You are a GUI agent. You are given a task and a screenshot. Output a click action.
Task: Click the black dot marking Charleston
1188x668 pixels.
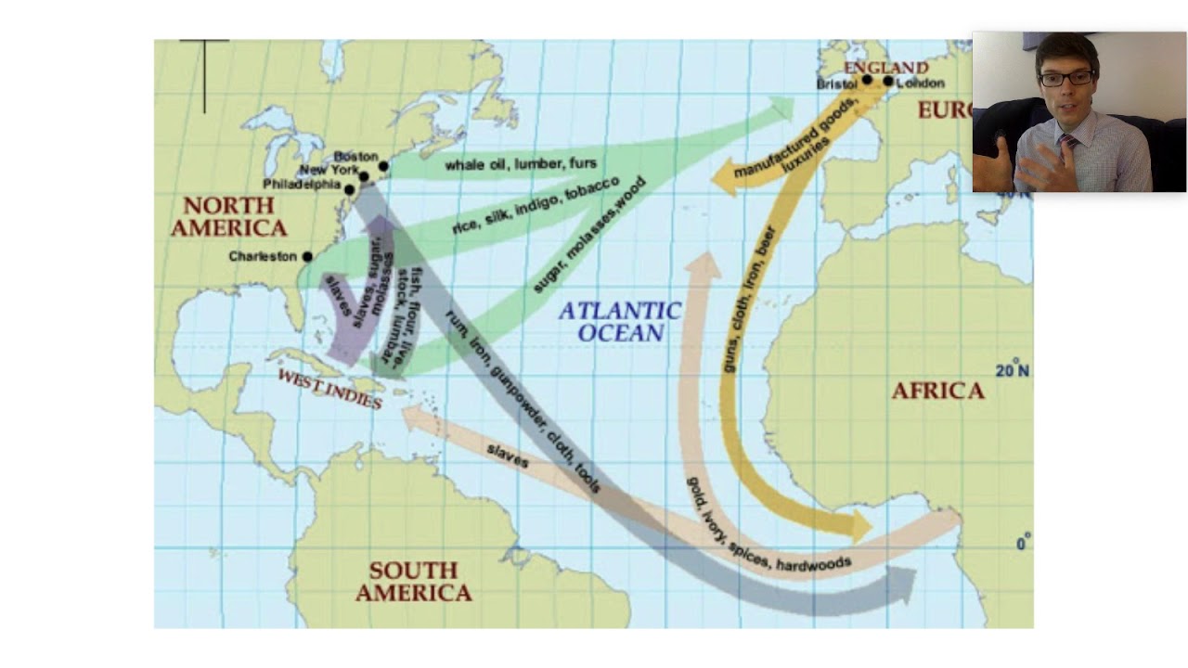[x=307, y=257]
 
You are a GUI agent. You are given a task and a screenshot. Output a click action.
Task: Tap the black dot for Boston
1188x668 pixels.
[x=383, y=167]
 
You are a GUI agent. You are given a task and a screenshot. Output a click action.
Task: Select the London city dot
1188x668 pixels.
[x=888, y=82]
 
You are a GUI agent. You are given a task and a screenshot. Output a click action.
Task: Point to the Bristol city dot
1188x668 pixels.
[x=867, y=81]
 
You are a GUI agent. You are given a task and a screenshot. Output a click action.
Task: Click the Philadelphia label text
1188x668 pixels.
[x=302, y=185]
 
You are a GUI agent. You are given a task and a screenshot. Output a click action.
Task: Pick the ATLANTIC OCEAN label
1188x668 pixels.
[x=620, y=322]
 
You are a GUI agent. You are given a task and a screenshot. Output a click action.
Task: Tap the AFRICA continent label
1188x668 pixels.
[x=937, y=391]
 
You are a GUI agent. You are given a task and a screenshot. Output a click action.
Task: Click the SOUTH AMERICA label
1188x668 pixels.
[x=413, y=582]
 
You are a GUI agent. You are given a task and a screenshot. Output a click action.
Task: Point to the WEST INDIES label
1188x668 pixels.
[x=329, y=389]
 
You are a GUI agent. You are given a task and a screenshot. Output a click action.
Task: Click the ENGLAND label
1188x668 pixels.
[x=885, y=67]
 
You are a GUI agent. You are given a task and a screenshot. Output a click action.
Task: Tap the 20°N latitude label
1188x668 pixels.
[x=1012, y=371]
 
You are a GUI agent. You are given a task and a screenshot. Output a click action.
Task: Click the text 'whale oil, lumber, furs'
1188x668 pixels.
[x=520, y=164]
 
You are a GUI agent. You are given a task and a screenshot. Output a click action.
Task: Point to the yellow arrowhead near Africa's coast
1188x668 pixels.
[x=859, y=527]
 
